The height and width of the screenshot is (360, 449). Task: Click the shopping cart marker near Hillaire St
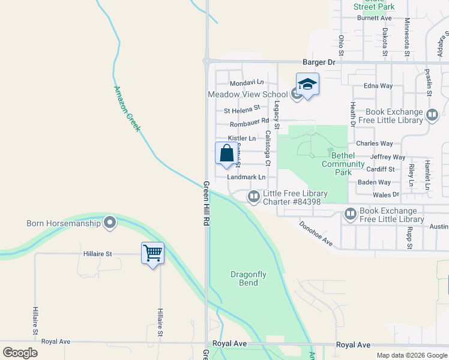153,253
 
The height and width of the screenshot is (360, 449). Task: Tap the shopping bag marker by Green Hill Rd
226,153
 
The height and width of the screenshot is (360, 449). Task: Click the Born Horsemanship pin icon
109,223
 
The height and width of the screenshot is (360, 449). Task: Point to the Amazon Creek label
127,109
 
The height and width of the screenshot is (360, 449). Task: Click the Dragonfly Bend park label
248,278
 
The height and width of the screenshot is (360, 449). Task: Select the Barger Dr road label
318,62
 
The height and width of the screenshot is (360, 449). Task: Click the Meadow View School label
248,94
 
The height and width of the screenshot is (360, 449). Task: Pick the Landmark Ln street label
246,177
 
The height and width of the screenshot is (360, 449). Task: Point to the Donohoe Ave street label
316,233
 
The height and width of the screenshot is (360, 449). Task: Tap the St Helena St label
241,110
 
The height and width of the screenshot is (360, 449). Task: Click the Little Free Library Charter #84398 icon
254,196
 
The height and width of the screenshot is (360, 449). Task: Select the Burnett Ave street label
374,18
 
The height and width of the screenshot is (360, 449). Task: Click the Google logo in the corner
20,352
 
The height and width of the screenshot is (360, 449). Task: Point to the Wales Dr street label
387,194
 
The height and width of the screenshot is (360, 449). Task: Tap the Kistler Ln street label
241,139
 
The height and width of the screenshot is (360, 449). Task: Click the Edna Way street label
378,86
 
